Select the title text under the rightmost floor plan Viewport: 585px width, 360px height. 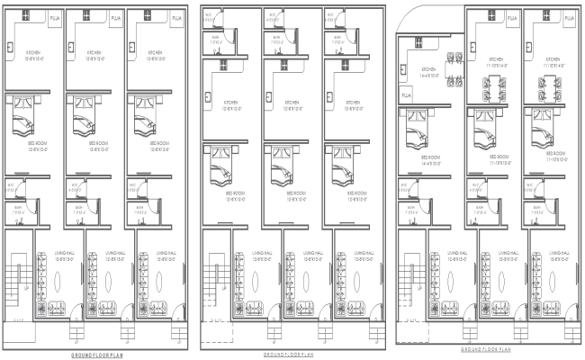coord(485,348)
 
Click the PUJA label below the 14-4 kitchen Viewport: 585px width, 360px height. coord(406,94)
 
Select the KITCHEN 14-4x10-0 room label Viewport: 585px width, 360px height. coord(428,71)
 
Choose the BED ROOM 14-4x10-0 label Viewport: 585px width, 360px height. coord(428,162)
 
